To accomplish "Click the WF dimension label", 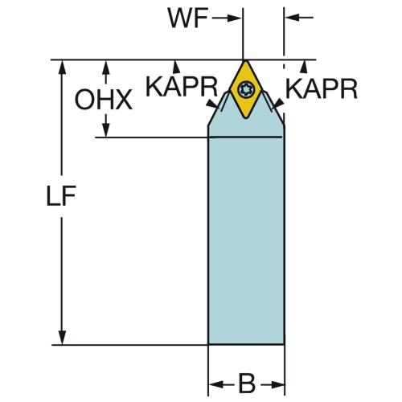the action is coord(188,18).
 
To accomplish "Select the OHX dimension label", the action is coord(104,100).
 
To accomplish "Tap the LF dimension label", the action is coord(61,195).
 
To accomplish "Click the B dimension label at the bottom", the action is coord(247,384).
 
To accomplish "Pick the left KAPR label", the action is coord(182,87).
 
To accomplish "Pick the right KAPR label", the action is coord(322,89).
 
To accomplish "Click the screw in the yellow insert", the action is coord(245,88).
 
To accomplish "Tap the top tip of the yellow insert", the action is coord(245,60).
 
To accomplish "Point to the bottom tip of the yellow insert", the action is coord(246,117).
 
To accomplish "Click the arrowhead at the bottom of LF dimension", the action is coord(62,338).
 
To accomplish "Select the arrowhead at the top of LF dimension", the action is coord(62,68).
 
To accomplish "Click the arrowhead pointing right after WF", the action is coord(234,18).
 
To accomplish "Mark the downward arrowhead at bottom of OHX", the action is coord(106,130).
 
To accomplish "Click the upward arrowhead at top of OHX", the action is coord(106,68).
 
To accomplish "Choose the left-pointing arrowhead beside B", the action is coord(216,384).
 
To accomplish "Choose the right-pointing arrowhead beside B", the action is coord(277,385).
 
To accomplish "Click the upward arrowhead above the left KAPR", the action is coord(176,67).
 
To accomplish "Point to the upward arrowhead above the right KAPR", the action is coord(304,67).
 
